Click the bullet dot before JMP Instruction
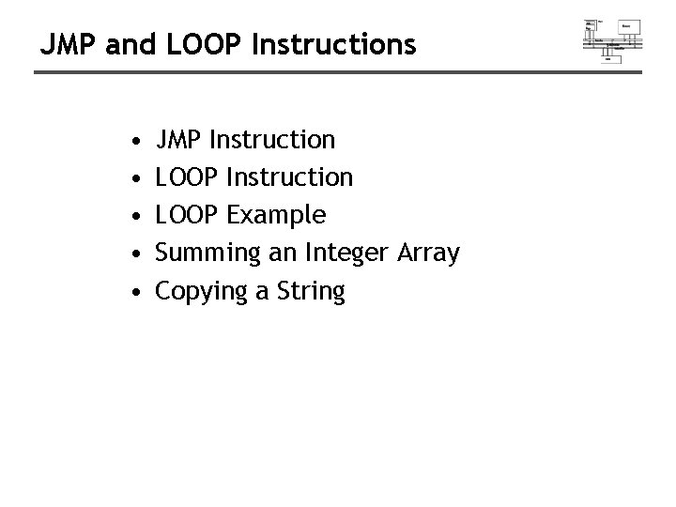point(138,142)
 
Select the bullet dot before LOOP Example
point(138,217)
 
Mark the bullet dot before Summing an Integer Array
point(138,254)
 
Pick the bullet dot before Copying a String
point(138,292)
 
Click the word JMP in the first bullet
point(179,141)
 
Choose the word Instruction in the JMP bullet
point(272,141)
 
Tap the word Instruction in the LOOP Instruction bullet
point(291,177)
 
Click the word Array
point(430,253)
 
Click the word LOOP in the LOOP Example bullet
point(188,216)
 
